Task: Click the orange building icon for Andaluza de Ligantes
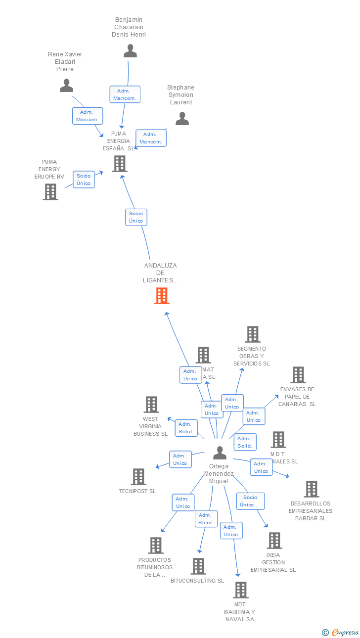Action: [162, 296]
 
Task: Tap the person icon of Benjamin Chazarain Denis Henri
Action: [130, 51]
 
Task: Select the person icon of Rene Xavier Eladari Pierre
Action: [66, 86]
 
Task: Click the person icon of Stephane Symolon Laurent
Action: [182, 119]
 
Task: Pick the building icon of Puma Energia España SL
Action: [119, 164]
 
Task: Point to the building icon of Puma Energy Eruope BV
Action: [50, 192]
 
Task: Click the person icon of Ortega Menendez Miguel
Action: [220, 453]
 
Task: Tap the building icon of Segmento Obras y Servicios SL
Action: [253, 334]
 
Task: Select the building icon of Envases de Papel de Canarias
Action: [298, 375]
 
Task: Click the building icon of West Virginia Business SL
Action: [151, 405]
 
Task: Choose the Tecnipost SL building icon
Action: [138, 477]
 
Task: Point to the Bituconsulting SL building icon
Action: [198, 566]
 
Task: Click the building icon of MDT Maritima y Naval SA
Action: [241, 590]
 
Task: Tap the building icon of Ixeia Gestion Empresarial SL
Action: [274, 541]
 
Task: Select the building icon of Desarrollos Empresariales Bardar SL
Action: [312, 489]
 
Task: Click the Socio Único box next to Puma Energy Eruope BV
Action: [84, 180]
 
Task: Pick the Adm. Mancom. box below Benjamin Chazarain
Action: [125, 94]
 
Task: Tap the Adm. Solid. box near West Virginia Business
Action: [186, 428]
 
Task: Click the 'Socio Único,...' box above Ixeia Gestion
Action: [250, 501]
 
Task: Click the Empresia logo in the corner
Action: [341, 632]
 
